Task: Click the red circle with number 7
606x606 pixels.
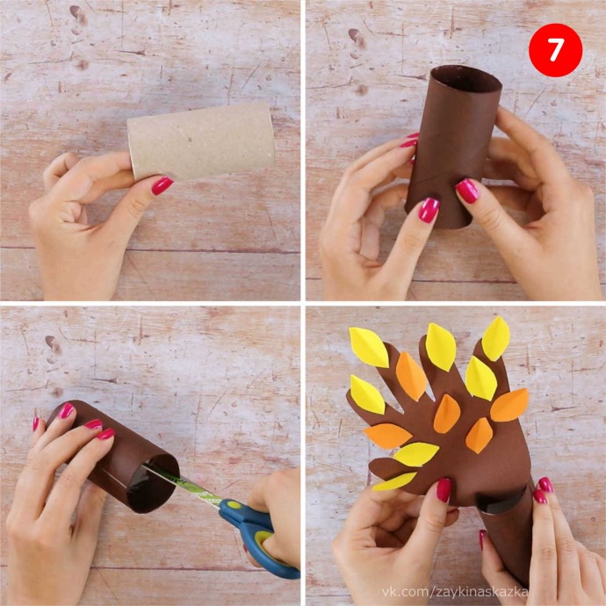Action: pos(555,50)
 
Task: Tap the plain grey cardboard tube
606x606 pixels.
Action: pos(201,141)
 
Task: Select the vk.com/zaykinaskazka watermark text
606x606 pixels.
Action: pos(455,592)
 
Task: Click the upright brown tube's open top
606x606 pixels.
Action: pos(466,80)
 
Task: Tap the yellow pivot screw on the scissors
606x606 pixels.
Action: pos(234,504)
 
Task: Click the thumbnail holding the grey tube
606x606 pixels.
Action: pos(162,185)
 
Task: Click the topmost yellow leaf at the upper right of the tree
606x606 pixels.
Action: pos(496,339)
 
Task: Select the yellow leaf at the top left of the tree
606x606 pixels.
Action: pos(368,347)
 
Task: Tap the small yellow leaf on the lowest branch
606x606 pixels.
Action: pos(394,481)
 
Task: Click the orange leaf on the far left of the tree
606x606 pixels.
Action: pos(387,436)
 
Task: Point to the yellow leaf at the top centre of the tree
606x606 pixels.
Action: pos(441,347)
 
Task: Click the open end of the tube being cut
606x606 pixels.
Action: pos(154,483)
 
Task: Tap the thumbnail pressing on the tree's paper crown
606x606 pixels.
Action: pos(444,490)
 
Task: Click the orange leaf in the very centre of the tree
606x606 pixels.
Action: pos(447,414)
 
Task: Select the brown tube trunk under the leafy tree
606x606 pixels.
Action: pos(506,533)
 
